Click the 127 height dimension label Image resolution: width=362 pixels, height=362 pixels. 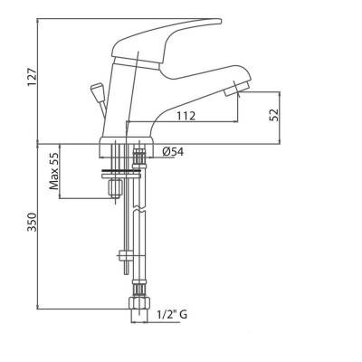32,77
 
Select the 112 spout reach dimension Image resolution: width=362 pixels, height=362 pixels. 186,116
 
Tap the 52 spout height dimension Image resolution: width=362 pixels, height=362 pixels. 274,115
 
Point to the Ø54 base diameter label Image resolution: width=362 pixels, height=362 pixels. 173,152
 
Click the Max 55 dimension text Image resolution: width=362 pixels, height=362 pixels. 54,170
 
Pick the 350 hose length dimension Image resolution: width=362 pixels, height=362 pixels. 32,222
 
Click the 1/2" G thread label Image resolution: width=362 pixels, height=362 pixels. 172,315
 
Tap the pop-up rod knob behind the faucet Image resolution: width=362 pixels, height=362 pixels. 96,90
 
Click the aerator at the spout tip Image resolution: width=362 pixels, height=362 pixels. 238,87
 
